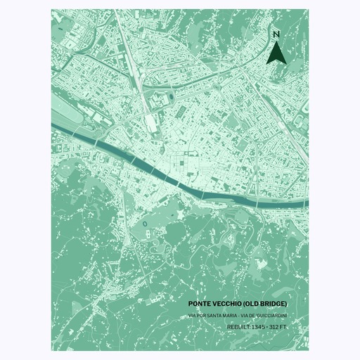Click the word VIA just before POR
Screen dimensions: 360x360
tap(192, 315)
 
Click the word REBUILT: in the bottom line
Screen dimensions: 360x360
tap(238, 327)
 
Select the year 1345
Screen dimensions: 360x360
tap(258, 327)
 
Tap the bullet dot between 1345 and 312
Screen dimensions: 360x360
tap(267, 327)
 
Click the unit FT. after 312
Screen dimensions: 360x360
tap(283, 327)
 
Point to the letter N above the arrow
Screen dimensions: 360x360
tap(276, 34)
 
